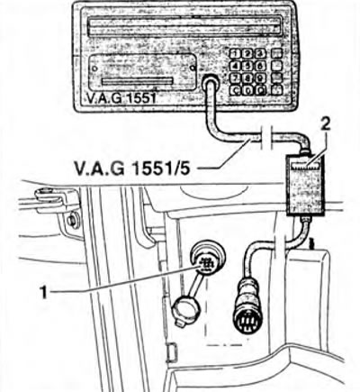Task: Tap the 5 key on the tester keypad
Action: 247,66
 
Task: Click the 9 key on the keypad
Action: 260,77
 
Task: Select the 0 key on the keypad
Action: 247,90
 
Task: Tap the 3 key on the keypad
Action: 260,54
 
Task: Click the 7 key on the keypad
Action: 236,77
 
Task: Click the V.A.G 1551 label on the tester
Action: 121,98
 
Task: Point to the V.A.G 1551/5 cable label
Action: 131,169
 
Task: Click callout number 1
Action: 44,292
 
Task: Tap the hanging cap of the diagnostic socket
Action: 185,310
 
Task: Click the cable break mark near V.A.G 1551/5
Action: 266,137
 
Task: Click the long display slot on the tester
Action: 184,25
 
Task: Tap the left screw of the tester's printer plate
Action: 95,68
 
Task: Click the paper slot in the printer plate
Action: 138,81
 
